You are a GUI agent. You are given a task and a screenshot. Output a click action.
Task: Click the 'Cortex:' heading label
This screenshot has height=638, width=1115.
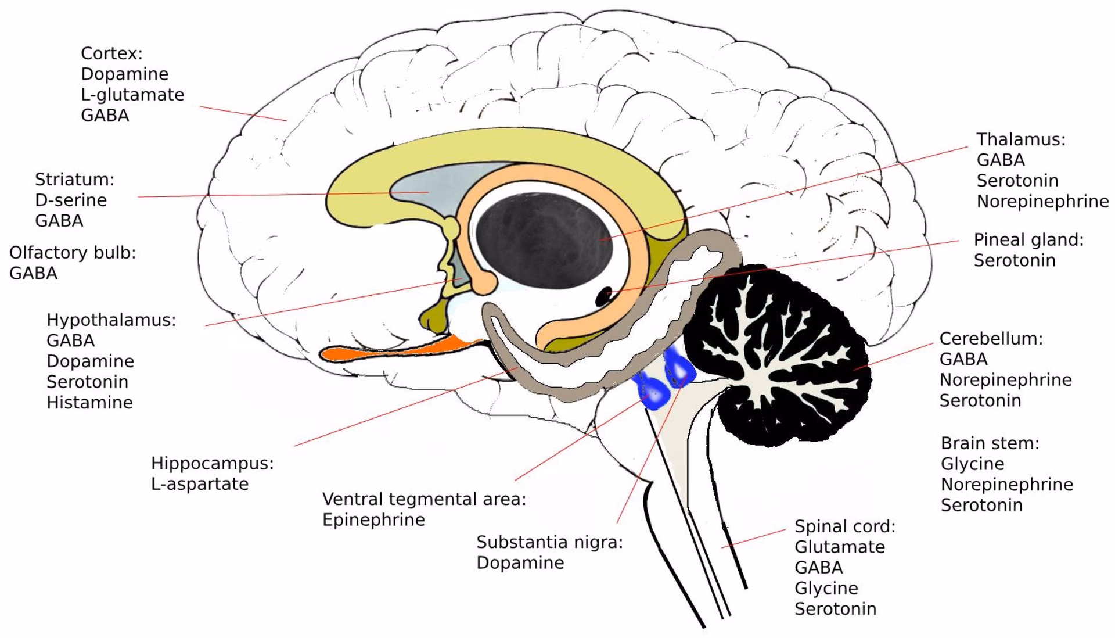[x=111, y=53]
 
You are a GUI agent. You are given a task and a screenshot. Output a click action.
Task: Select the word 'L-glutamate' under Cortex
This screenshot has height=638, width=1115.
[x=132, y=95]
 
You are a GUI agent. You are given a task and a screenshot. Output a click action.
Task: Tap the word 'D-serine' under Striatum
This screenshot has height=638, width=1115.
[x=71, y=200]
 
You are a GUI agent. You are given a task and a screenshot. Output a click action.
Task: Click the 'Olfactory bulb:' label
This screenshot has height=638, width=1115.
[x=73, y=253]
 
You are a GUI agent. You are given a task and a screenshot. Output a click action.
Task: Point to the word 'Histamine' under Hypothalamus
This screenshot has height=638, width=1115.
[x=89, y=403]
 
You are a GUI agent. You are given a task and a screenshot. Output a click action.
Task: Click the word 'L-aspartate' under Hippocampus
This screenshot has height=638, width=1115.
[x=200, y=484]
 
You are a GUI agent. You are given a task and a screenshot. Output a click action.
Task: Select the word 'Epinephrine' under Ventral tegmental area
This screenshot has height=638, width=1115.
[x=373, y=519]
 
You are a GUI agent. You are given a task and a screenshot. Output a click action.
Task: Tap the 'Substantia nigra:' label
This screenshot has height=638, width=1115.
[x=549, y=542]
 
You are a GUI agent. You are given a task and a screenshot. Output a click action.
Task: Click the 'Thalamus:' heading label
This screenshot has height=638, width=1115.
[x=1020, y=139]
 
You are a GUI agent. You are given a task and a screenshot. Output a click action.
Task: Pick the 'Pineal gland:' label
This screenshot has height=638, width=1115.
[x=1028, y=240]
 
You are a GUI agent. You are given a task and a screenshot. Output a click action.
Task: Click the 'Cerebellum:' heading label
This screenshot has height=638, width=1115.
[x=991, y=339]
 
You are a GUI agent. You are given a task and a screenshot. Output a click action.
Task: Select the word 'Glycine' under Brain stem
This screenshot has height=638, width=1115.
[x=972, y=464]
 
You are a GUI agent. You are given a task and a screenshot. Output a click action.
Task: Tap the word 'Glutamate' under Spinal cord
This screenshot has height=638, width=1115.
[x=839, y=547]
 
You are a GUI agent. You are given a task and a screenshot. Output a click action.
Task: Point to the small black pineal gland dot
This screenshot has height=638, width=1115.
[x=604, y=296]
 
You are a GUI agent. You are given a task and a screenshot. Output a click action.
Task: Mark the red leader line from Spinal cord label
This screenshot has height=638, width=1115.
[x=754, y=538]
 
